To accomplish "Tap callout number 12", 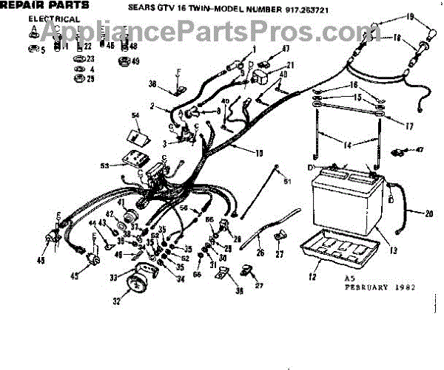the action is click(313, 277).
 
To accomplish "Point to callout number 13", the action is click(394, 250).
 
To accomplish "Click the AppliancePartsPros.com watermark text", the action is click(221, 32).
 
